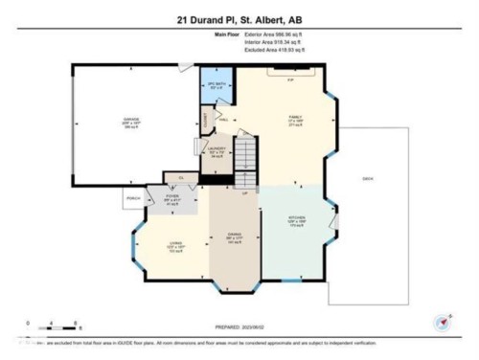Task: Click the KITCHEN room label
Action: click(298, 218)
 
